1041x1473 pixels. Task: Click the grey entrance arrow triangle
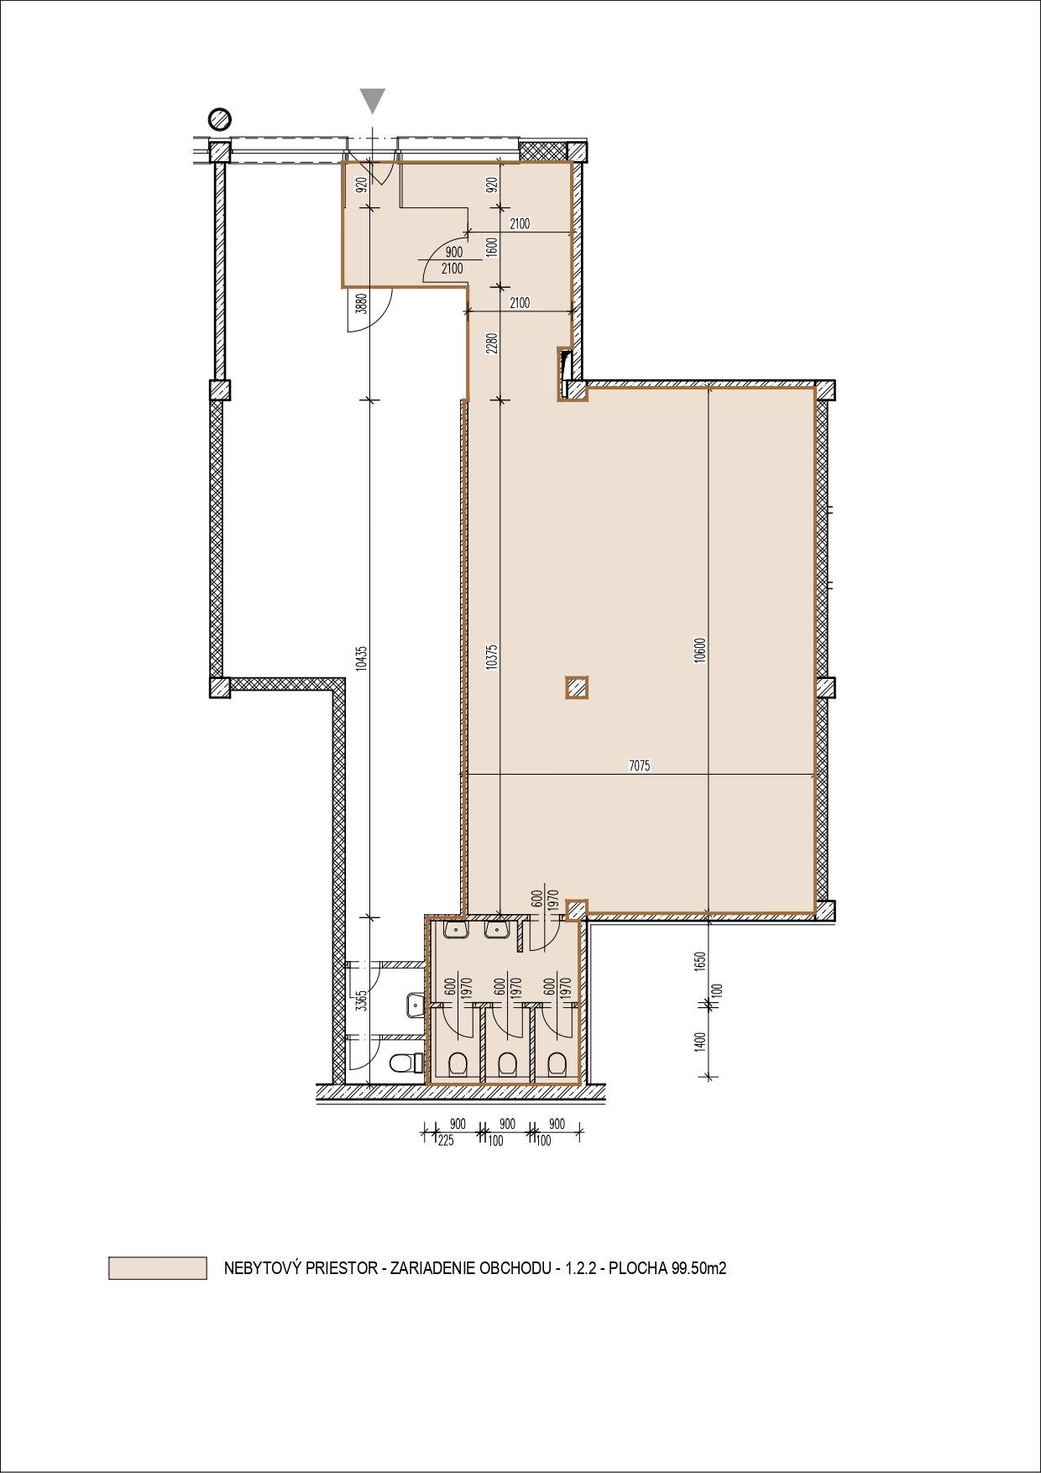pyautogui.click(x=374, y=100)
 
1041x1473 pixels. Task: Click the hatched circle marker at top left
pyautogui.click(x=220, y=118)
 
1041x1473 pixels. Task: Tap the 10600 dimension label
pyautogui.click(x=700, y=650)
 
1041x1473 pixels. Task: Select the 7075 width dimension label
pyautogui.click(x=640, y=765)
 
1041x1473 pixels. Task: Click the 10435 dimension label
pyautogui.click(x=361, y=656)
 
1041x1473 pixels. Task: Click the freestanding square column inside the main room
pyautogui.click(x=576, y=688)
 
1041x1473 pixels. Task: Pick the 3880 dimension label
pyautogui.click(x=361, y=303)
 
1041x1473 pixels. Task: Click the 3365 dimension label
pyautogui.click(x=361, y=1002)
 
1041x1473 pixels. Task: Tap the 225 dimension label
pyautogui.click(x=446, y=1141)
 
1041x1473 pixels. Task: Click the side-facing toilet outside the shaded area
pyautogui.click(x=405, y=1063)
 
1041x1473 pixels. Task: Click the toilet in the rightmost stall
pyautogui.click(x=555, y=1064)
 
